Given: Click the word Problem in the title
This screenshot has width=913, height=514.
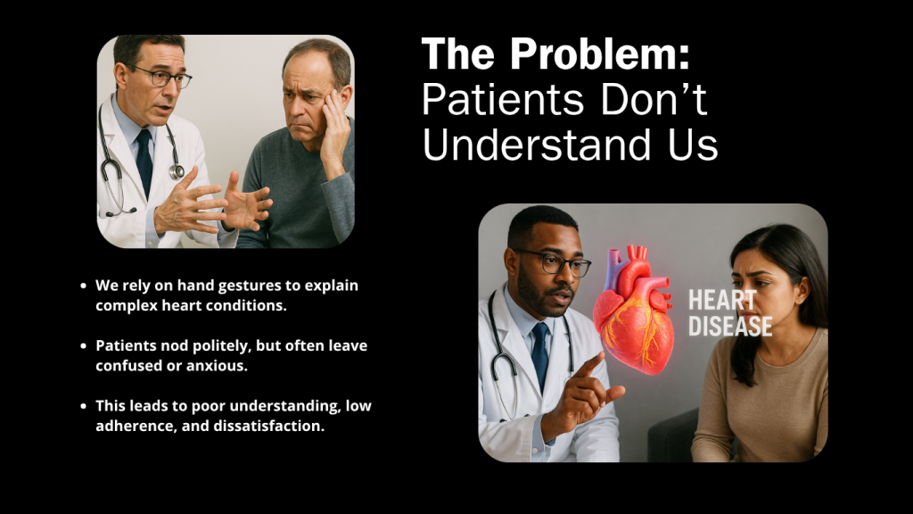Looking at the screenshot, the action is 600,54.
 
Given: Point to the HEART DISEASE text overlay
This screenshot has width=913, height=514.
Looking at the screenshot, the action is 730,313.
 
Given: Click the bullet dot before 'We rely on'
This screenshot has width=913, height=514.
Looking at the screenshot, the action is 83,286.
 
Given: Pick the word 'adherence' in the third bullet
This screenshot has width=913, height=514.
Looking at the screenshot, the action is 134,426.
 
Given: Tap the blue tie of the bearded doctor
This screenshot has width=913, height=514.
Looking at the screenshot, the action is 540,355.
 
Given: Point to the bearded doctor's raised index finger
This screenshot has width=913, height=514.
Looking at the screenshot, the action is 589,366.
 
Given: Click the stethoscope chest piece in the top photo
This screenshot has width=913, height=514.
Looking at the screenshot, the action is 177,171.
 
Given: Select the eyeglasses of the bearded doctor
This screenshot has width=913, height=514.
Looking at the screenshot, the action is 553,262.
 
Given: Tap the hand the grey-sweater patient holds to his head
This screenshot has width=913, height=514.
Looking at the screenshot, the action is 335,128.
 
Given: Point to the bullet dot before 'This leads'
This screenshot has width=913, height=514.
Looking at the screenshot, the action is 83,406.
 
